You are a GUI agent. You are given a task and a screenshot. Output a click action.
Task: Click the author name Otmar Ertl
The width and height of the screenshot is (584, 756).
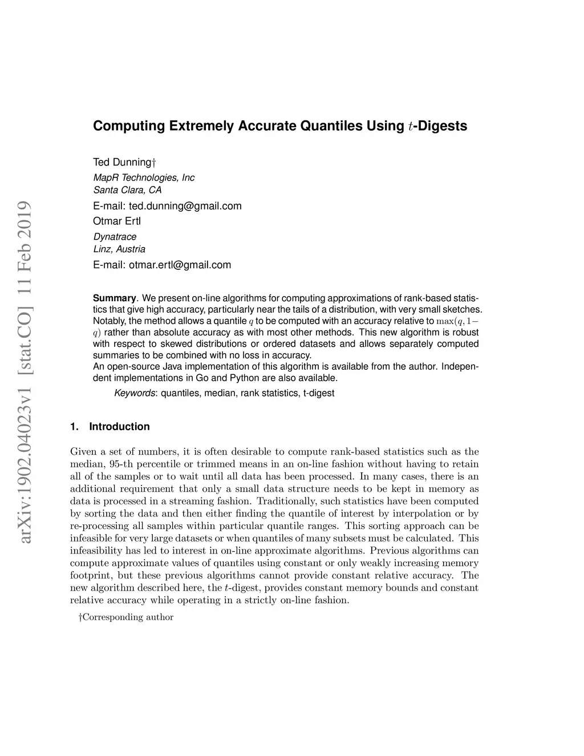pyautogui.click(x=116, y=221)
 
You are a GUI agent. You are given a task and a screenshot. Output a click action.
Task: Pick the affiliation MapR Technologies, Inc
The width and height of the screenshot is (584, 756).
pyautogui.click(x=144, y=177)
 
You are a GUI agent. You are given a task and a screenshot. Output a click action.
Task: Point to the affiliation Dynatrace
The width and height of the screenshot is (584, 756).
pyautogui.click(x=115, y=236)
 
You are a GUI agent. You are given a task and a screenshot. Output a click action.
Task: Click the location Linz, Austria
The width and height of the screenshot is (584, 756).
pyautogui.click(x=119, y=249)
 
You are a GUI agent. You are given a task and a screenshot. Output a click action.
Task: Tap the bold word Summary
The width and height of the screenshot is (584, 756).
pyautogui.click(x=114, y=298)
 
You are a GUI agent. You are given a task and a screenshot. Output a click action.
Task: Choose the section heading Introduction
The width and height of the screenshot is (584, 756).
pyautogui.click(x=119, y=427)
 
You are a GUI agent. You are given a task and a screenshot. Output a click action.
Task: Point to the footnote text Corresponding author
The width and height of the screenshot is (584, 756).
pyautogui.click(x=127, y=617)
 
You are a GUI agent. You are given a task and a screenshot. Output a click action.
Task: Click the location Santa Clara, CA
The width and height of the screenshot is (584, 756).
pyautogui.click(x=127, y=190)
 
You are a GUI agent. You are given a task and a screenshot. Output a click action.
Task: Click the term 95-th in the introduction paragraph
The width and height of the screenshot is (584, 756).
pyautogui.click(x=116, y=464)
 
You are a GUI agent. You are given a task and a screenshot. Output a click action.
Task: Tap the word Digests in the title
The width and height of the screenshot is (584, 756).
pyautogui.click(x=443, y=126)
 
